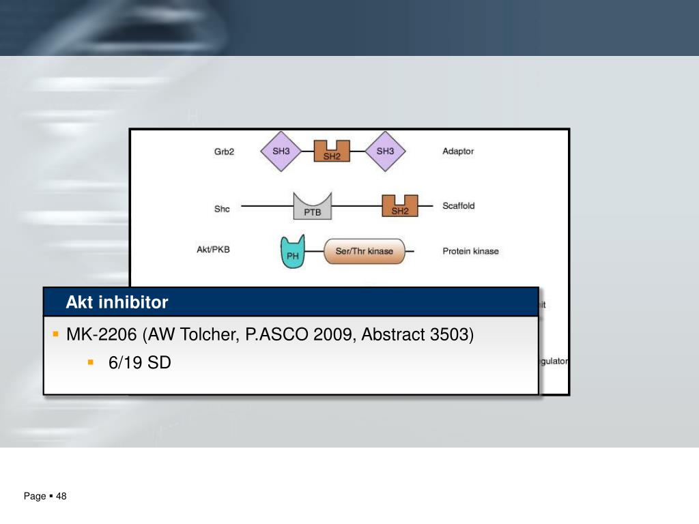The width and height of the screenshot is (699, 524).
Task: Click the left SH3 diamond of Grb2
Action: [281, 151]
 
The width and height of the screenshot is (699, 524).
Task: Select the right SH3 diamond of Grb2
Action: [385, 151]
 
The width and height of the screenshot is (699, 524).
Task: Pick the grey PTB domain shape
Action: [312, 206]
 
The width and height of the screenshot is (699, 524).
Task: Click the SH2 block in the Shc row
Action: [400, 206]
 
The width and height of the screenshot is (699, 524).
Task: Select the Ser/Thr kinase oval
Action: [364, 251]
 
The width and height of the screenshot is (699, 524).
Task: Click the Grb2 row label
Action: [224, 152]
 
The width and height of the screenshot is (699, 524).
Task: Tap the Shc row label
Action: [222, 209]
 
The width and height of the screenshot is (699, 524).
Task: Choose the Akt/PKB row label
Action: [213, 250]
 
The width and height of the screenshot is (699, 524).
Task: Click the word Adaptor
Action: [458, 151]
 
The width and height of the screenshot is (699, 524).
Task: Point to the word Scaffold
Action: [459, 205]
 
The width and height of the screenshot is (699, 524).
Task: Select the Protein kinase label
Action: [470, 251]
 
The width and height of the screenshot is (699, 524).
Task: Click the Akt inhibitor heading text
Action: [117, 302]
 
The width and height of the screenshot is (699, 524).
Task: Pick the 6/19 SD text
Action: [139, 363]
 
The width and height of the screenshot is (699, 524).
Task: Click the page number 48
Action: [61, 496]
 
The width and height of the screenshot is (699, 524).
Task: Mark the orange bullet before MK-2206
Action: [55, 334]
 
